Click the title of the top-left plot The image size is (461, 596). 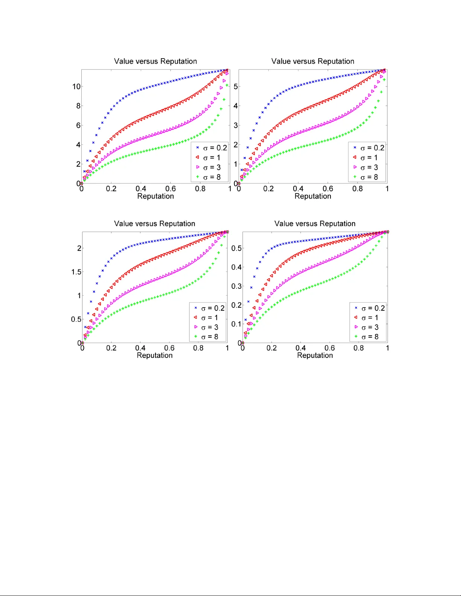(155, 61)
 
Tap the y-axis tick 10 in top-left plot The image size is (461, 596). (76, 86)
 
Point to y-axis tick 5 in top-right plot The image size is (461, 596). (236, 86)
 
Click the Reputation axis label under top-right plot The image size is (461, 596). (313, 196)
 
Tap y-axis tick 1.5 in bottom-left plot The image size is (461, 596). (76, 272)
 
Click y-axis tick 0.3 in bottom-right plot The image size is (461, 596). (236, 286)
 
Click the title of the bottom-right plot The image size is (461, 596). (315, 224)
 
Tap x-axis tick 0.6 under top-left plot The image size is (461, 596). (170, 189)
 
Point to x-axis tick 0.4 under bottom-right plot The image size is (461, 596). (300, 348)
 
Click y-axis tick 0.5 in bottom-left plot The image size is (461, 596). (76, 319)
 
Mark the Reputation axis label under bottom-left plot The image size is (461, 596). (155, 356)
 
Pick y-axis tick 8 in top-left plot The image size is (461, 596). (78, 106)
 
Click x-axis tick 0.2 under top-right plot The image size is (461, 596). (268, 189)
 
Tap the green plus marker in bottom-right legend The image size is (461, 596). (356, 337)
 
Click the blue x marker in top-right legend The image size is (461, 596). (354, 148)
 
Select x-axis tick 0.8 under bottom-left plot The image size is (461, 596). (198, 348)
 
